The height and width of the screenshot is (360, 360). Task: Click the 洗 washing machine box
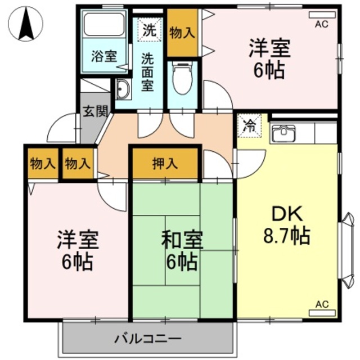(x=149, y=29)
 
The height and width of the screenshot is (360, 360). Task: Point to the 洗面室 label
(x=147, y=71)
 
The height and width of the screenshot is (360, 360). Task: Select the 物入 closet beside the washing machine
(x=182, y=32)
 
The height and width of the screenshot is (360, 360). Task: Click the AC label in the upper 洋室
(x=321, y=24)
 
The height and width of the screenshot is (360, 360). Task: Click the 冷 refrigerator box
(x=247, y=125)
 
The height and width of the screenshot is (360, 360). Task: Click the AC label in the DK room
(x=321, y=304)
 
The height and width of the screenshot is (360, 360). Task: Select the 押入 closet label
(x=165, y=164)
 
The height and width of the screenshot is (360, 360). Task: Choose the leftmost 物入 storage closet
(x=43, y=164)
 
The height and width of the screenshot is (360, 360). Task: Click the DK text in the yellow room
(x=287, y=214)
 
